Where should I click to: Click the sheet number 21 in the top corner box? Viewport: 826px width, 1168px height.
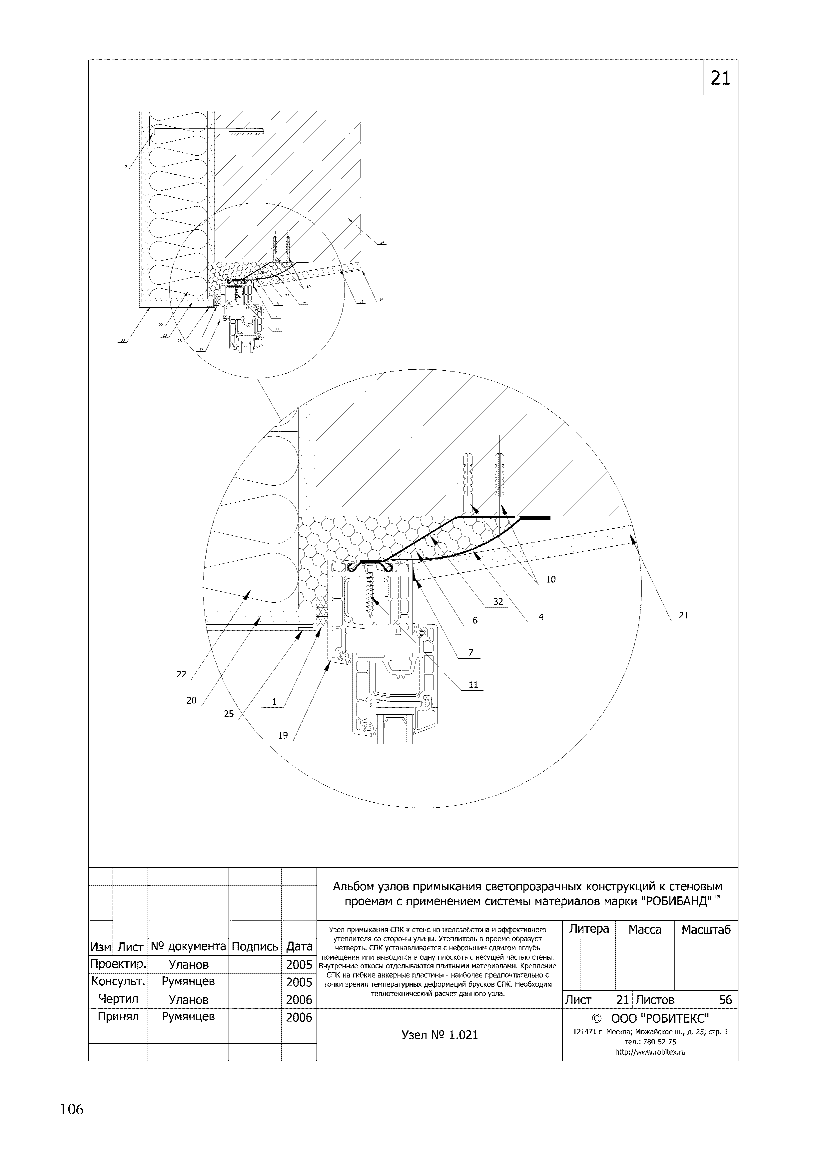point(720,78)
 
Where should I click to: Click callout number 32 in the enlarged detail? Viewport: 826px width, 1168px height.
point(498,602)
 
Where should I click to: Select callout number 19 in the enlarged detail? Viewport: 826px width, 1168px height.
point(283,735)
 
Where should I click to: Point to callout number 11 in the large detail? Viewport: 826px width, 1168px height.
point(473,685)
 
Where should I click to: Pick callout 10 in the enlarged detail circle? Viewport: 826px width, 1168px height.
point(551,579)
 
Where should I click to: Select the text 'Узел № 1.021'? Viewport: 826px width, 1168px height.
point(439,1035)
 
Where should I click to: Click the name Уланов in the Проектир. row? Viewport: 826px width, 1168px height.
point(188,965)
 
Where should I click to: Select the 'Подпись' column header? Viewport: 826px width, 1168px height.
point(255,947)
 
